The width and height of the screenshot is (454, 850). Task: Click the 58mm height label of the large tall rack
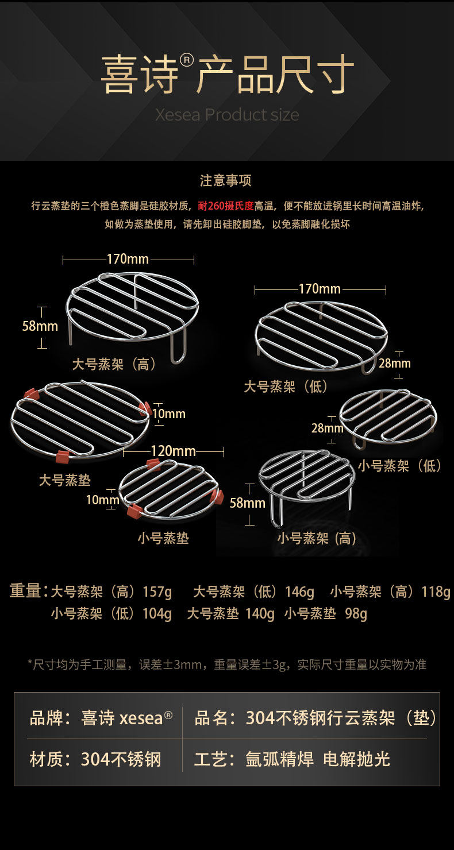(40, 326)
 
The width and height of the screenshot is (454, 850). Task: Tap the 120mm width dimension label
(173, 451)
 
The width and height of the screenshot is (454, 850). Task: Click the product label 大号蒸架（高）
(115, 364)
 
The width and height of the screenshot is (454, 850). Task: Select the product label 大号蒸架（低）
(287, 386)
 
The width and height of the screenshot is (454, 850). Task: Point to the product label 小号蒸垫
(163, 538)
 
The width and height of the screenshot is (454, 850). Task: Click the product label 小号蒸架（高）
(317, 538)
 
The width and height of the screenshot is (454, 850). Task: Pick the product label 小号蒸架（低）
(401, 465)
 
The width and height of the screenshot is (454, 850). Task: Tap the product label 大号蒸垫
(65, 480)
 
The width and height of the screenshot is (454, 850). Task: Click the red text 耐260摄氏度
(226, 206)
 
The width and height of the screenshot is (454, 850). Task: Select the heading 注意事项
(226, 180)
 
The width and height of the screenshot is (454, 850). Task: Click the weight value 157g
(157, 592)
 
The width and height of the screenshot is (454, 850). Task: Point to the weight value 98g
(356, 614)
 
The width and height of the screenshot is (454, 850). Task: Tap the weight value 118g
(435, 592)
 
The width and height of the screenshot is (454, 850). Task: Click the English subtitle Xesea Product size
(227, 114)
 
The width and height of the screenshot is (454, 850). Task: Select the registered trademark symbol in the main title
(187, 60)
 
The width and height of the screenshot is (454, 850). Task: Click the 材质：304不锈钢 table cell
(95, 759)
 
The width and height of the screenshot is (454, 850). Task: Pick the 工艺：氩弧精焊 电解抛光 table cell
(292, 759)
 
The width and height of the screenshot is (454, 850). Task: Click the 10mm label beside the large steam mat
(168, 414)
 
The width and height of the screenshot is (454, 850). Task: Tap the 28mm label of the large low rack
(395, 363)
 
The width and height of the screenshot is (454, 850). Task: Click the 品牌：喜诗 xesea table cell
(101, 718)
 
